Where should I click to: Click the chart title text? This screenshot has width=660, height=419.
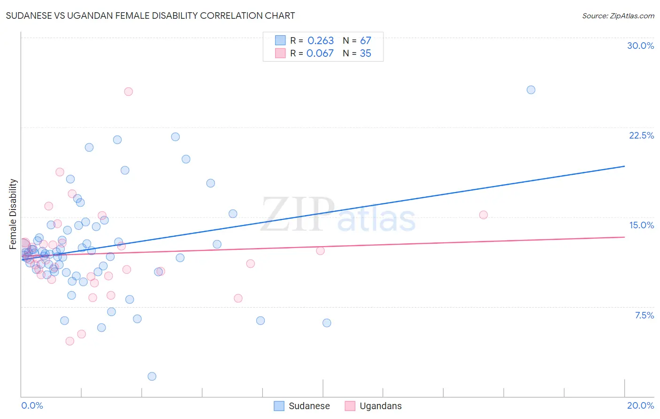pyautogui.click(x=150, y=16)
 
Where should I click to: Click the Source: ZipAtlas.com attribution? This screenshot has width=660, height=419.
pyautogui.click(x=618, y=16)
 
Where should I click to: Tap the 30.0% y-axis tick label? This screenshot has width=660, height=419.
pyautogui.click(x=640, y=46)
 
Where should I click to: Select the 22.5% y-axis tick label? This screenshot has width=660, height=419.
pyautogui.click(x=641, y=135)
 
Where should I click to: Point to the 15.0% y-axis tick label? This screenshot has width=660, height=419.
pyautogui.click(x=641, y=225)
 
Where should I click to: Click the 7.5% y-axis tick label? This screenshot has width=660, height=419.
pyautogui.click(x=644, y=315)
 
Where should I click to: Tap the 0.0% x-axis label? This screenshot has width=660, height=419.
pyautogui.click(x=32, y=405)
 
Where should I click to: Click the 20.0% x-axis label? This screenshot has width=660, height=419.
pyautogui.click(x=640, y=405)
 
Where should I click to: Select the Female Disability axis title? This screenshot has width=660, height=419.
pyautogui.click(x=13, y=214)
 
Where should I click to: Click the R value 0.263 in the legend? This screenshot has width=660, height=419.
pyautogui.click(x=321, y=41)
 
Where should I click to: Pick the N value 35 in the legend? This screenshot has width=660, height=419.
pyautogui.click(x=365, y=54)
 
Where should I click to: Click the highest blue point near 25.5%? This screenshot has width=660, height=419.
pyautogui.click(x=531, y=90)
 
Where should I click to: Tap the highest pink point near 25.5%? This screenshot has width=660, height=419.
pyautogui.click(x=129, y=92)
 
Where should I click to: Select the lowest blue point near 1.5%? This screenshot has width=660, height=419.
pyautogui.click(x=152, y=376)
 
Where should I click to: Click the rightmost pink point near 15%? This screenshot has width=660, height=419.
pyautogui.click(x=483, y=215)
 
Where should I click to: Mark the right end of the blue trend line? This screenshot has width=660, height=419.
pyautogui.click(x=624, y=166)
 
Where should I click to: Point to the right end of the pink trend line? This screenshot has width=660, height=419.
pyautogui.click(x=624, y=237)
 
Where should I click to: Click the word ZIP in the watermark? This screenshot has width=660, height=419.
pyautogui.click(x=298, y=215)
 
